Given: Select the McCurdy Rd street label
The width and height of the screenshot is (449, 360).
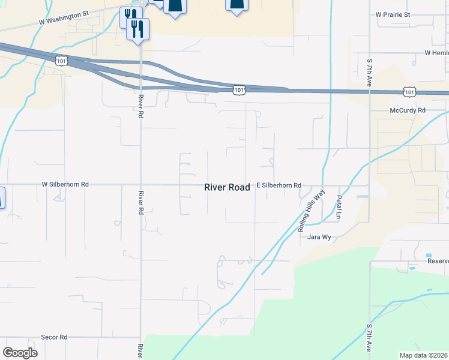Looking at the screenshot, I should click(407, 110).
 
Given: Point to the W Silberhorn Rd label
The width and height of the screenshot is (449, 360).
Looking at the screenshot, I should click(65, 185).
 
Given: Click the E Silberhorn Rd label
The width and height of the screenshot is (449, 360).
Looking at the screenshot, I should click(279, 186).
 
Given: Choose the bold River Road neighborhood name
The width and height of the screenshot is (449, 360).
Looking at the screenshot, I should click(227, 187).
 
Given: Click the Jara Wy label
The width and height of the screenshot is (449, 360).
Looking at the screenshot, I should click(319, 237).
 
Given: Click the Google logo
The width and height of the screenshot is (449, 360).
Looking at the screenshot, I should click(20, 353).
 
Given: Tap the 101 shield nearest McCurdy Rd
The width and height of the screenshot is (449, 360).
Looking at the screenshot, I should click(409, 92).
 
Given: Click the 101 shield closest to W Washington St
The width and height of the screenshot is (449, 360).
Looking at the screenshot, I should click(61, 61).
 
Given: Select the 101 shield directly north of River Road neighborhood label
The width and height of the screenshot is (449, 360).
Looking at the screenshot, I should click(239, 89).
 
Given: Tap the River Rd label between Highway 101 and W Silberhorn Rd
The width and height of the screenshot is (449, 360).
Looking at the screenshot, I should click(140, 106).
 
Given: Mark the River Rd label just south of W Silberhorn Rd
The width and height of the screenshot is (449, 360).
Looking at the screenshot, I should click(140, 202).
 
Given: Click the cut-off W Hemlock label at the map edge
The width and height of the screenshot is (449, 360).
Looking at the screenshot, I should click(436, 53).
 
